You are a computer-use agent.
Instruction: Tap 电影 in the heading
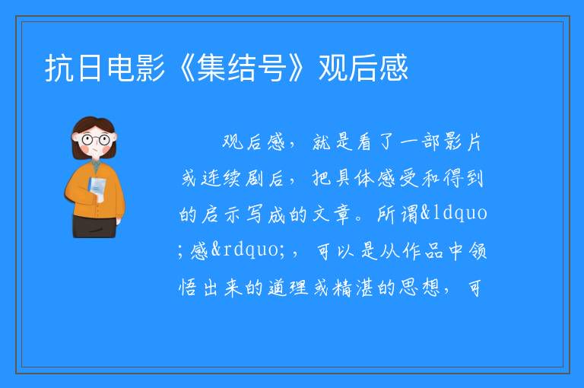(x=135, y=68)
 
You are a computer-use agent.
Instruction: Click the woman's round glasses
(x=96, y=140)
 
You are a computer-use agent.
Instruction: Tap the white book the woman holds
(x=97, y=188)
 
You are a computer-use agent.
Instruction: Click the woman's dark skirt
(x=94, y=226)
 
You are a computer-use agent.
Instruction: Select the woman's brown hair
(x=94, y=129)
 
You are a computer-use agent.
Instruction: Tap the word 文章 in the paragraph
(x=332, y=215)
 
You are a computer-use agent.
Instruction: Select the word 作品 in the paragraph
(x=423, y=250)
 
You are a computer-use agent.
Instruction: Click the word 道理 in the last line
(x=288, y=288)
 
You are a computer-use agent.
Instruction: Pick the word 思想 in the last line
(x=420, y=288)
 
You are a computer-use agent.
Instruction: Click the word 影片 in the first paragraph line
(x=462, y=142)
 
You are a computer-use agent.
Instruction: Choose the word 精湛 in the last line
(x=353, y=288)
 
